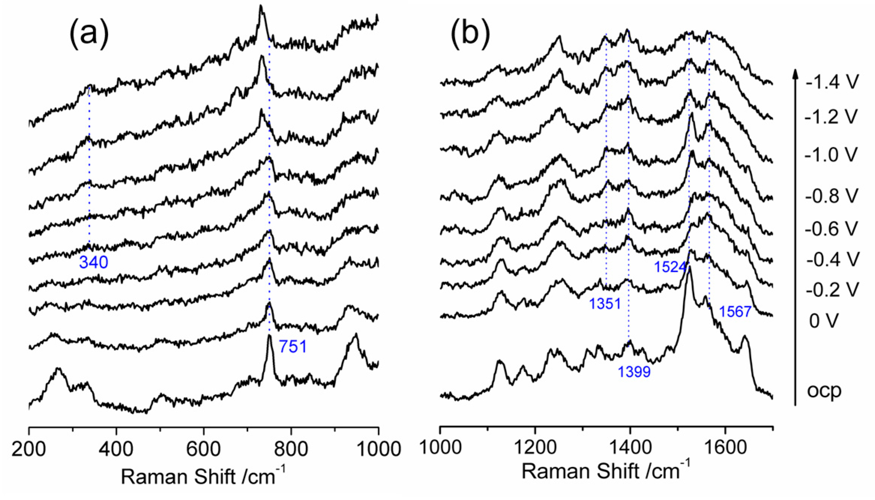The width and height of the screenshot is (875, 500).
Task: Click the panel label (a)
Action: click(89, 34)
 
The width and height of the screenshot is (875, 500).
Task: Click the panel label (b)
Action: click(470, 34)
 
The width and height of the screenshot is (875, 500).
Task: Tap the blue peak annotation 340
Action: click(93, 263)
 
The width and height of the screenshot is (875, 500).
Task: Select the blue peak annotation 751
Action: click(293, 347)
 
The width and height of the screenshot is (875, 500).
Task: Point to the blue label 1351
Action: click(605, 303)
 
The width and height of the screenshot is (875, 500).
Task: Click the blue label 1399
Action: click(634, 372)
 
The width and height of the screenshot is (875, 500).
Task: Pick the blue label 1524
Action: click(670, 267)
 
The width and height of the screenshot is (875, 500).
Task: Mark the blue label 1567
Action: click(735, 312)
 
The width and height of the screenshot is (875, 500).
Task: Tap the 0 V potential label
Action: click(823, 321)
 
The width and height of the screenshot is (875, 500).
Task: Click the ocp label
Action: click(824, 391)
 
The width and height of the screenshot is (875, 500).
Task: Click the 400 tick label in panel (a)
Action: click(116, 448)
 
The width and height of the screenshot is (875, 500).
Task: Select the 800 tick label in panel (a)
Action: click(291, 448)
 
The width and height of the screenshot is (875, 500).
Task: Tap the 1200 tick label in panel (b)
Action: click(535, 447)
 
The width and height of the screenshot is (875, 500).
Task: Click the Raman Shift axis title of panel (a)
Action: click(203, 476)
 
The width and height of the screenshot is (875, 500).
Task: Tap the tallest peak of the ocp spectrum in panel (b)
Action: click(690, 268)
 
